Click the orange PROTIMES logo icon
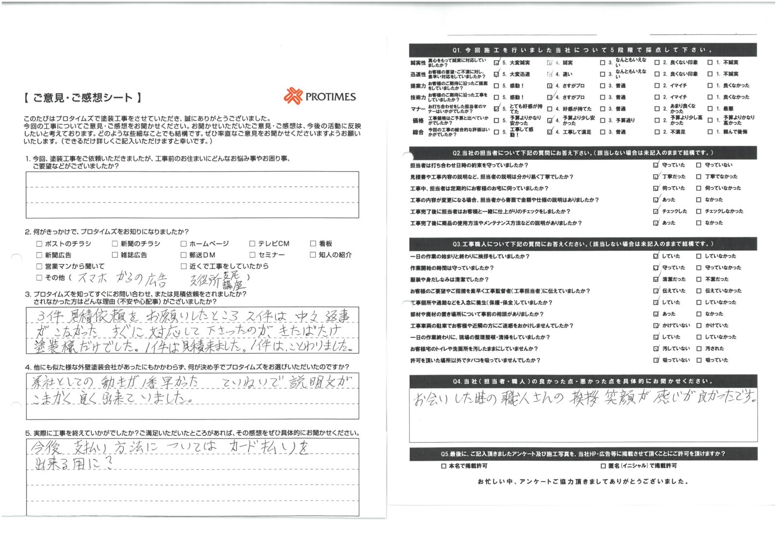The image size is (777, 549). click(x=293, y=96)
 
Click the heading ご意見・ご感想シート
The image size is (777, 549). click(x=83, y=98)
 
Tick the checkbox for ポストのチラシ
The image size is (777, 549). click(x=39, y=244)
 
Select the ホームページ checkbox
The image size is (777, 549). click(x=184, y=244)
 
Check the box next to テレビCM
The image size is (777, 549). click(x=253, y=244)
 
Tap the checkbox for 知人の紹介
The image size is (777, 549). click(x=313, y=255)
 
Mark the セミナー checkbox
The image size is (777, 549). click(x=253, y=255)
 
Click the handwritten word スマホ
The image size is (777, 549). click(x=92, y=278)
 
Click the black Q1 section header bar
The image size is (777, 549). click(x=583, y=50)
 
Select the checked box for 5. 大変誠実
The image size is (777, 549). click(x=496, y=63)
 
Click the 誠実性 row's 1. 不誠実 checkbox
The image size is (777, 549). click(x=710, y=63)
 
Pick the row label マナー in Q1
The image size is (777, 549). click(x=418, y=109)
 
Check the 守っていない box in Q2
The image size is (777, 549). click(x=699, y=165)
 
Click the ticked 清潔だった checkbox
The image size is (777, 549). click(x=656, y=279)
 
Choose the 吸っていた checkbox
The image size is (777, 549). click(x=699, y=360)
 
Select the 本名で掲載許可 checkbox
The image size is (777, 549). click(x=443, y=466)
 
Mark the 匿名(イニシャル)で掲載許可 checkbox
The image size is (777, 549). click(x=603, y=466)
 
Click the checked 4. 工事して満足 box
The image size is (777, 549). click(x=550, y=132)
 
